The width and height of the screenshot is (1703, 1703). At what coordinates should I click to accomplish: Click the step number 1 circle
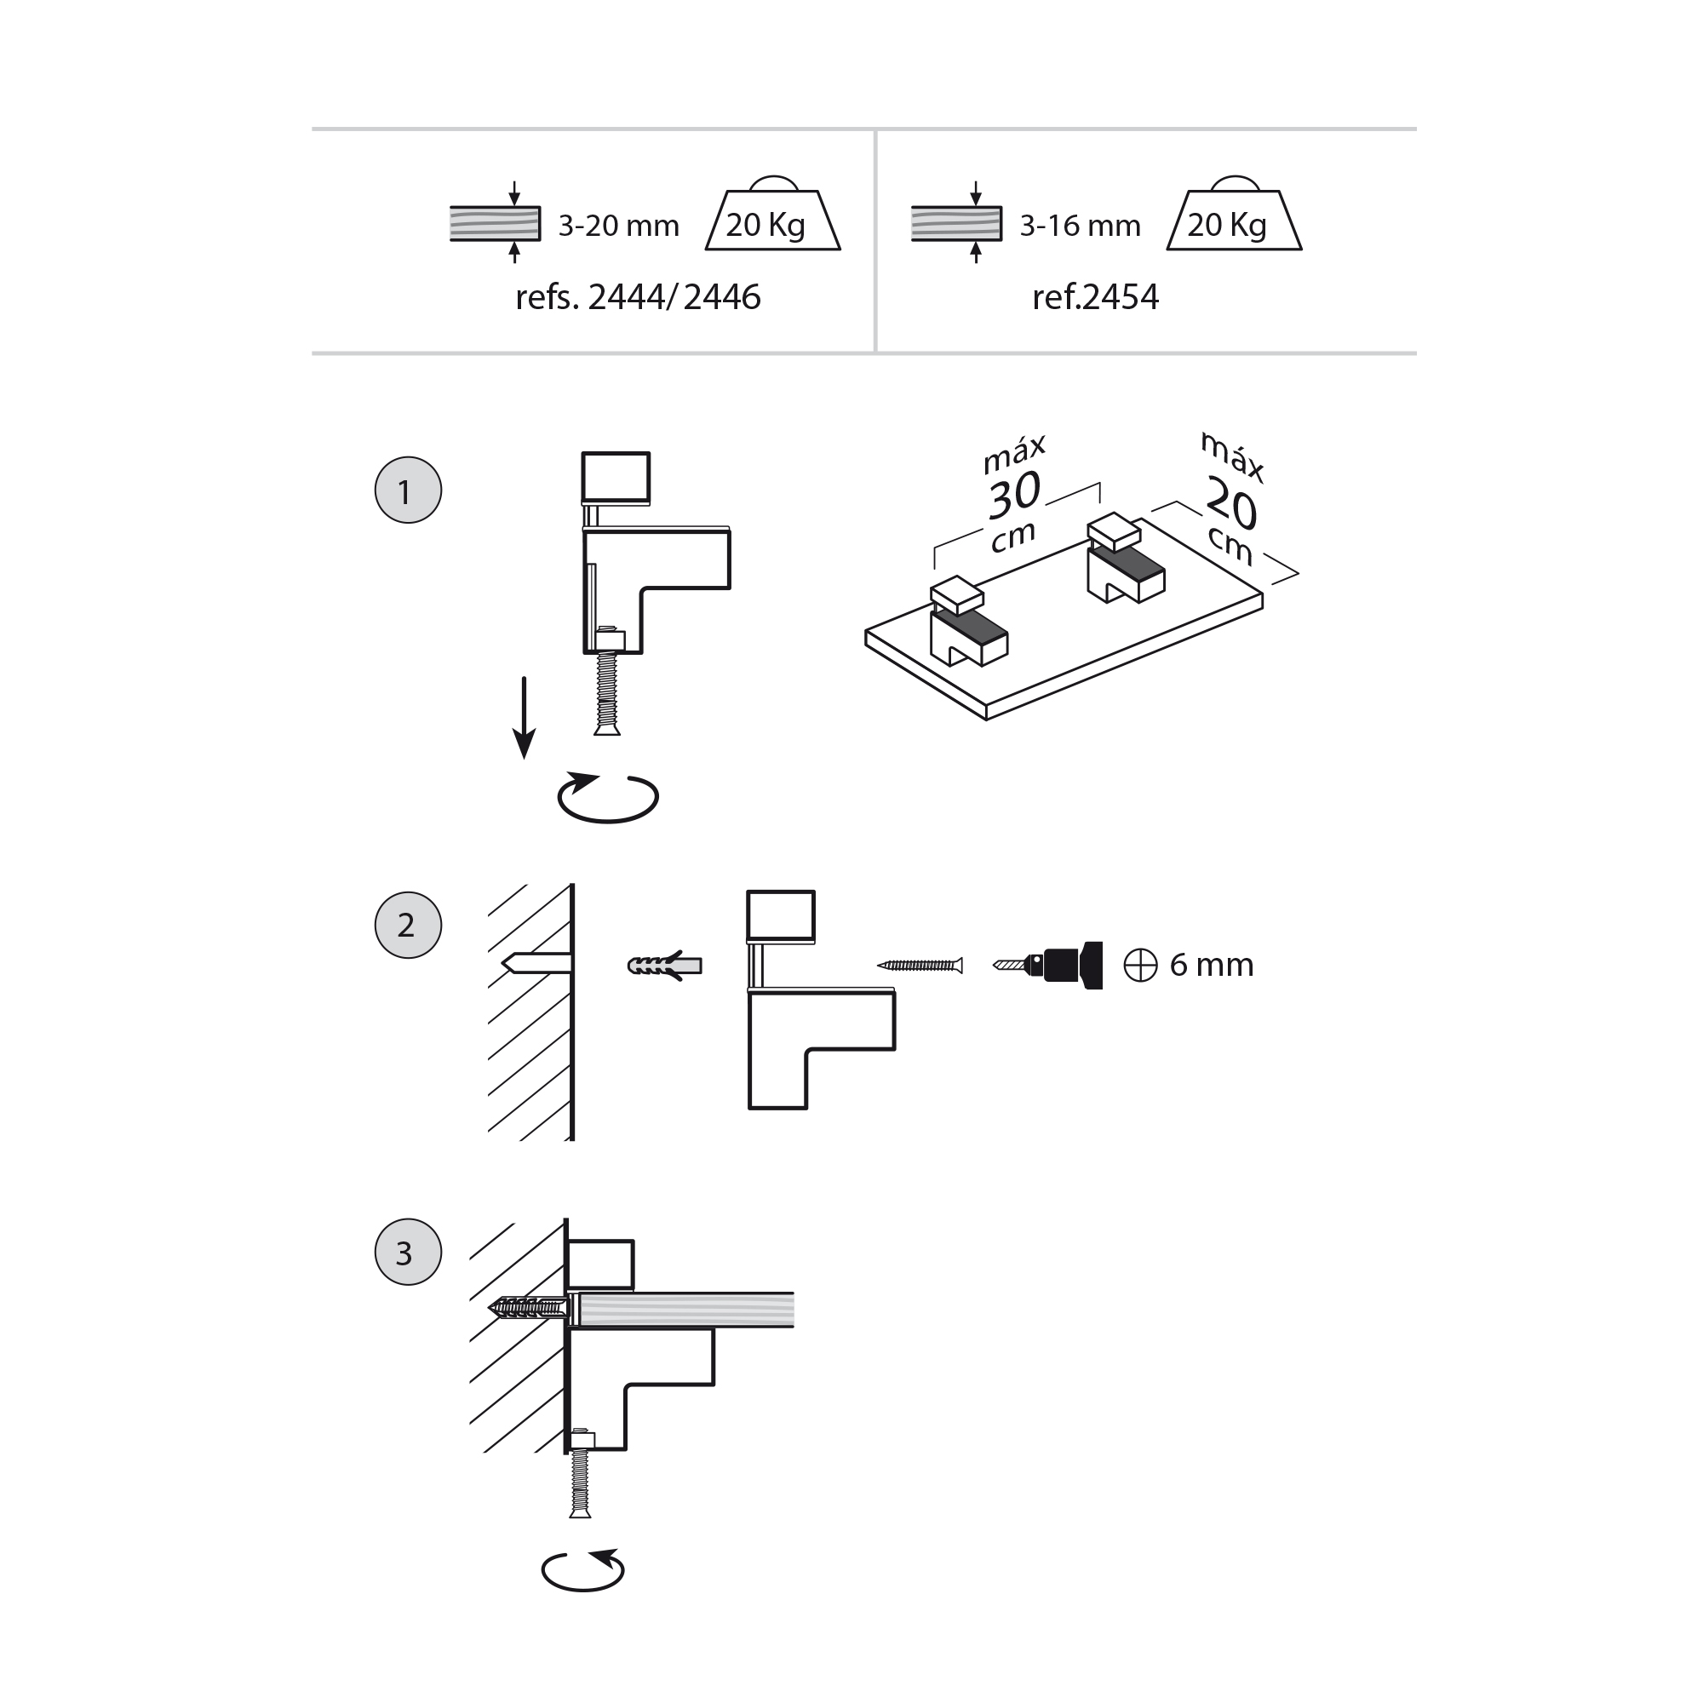pos(407,490)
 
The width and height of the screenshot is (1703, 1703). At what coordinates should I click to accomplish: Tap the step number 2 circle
pos(407,925)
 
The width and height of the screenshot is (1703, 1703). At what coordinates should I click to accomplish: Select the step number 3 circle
pos(407,1253)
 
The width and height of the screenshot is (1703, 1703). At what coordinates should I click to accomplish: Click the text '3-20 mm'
pos(618,226)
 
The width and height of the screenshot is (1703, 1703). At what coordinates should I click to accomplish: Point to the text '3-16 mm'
pos(1080,226)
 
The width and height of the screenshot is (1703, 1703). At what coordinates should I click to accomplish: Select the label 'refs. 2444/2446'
pos(637,297)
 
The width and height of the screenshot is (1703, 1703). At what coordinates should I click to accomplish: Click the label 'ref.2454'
pos(1095,297)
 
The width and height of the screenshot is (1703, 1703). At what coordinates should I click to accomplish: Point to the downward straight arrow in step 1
pos(525,717)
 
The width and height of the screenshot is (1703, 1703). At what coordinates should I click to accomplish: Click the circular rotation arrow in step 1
pos(607,798)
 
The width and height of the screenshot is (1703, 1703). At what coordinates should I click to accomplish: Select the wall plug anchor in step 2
pos(665,966)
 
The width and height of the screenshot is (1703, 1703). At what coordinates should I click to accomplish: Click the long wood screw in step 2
pos(920,966)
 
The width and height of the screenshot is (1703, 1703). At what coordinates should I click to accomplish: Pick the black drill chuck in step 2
pos(1071,966)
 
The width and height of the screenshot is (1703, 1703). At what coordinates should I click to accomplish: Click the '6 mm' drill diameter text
pos(1211,966)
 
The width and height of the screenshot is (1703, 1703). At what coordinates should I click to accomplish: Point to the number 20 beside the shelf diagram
pos(1231,503)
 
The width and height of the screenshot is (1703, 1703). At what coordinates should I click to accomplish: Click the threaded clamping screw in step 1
pos(607,692)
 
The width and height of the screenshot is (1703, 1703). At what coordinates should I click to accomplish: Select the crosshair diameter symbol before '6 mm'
pos(1140,966)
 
